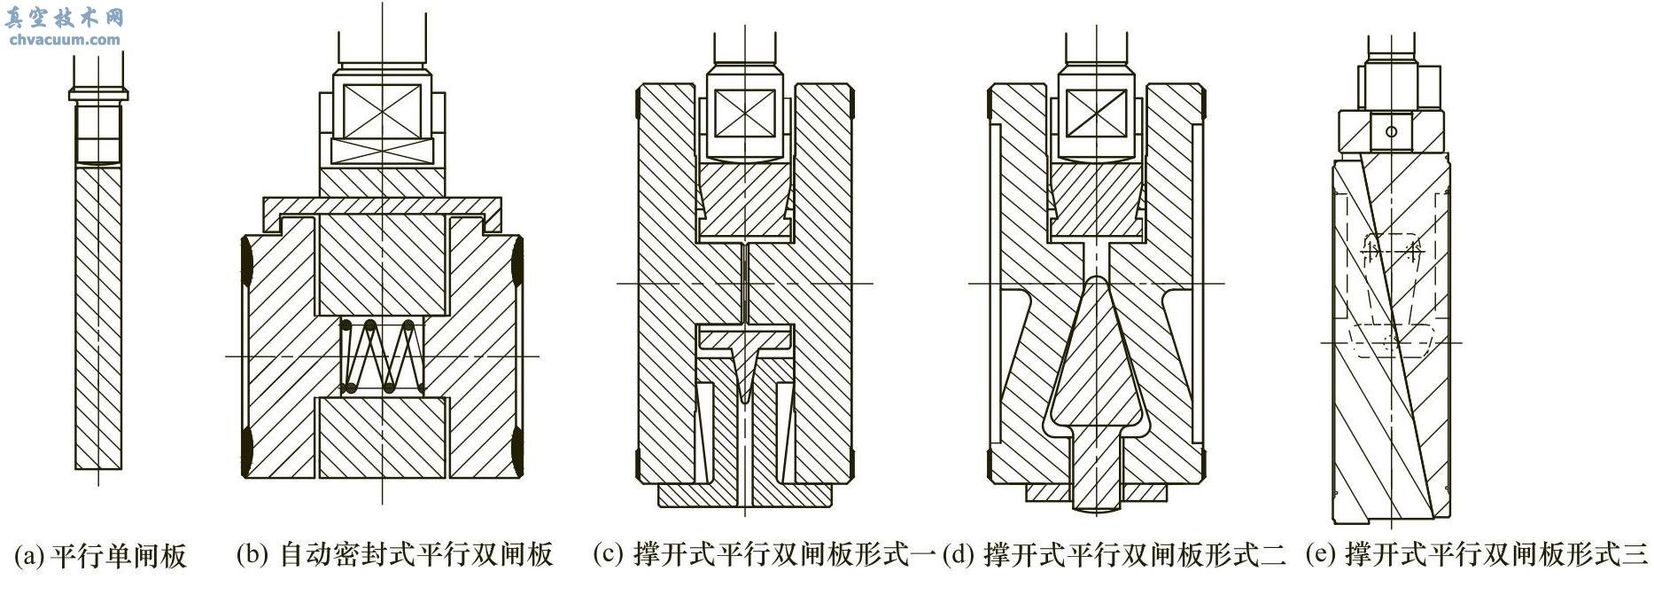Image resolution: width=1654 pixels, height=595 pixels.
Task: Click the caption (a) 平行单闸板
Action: coord(100,556)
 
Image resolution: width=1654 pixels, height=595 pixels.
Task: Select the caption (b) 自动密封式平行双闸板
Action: coord(394,556)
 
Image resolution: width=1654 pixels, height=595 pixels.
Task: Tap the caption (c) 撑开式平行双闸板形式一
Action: coord(765,556)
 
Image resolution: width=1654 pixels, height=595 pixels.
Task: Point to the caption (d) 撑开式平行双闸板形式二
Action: coord(1114,556)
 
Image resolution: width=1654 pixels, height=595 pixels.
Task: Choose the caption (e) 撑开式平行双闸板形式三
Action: coord(1476,556)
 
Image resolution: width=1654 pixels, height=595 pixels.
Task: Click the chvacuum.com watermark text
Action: coord(63,40)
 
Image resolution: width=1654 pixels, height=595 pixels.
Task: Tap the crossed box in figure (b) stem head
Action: coord(382,111)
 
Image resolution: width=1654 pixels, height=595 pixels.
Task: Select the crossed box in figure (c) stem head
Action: coord(744,114)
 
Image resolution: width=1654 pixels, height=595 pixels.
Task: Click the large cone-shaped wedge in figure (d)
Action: coord(1095,372)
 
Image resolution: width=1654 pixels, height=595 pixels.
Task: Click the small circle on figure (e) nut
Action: coord(1391,131)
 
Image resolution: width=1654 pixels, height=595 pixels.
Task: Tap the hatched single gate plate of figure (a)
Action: coord(97,319)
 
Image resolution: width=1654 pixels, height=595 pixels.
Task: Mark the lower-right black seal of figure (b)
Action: coord(518,448)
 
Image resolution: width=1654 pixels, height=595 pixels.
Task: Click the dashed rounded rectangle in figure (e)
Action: coord(1392,341)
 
